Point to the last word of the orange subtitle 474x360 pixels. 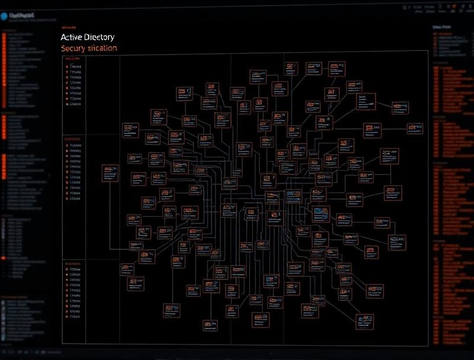pyautogui.click(x=103, y=49)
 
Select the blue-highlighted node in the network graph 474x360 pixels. pyautogui.click(x=321, y=211)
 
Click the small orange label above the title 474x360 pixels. pyautogui.click(x=69, y=27)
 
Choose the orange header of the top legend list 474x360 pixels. pyautogui.click(x=74, y=59)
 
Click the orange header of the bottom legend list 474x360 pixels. pyautogui.click(x=74, y=262)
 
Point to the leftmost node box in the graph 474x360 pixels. pyautogui.click(x=110, y=172)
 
